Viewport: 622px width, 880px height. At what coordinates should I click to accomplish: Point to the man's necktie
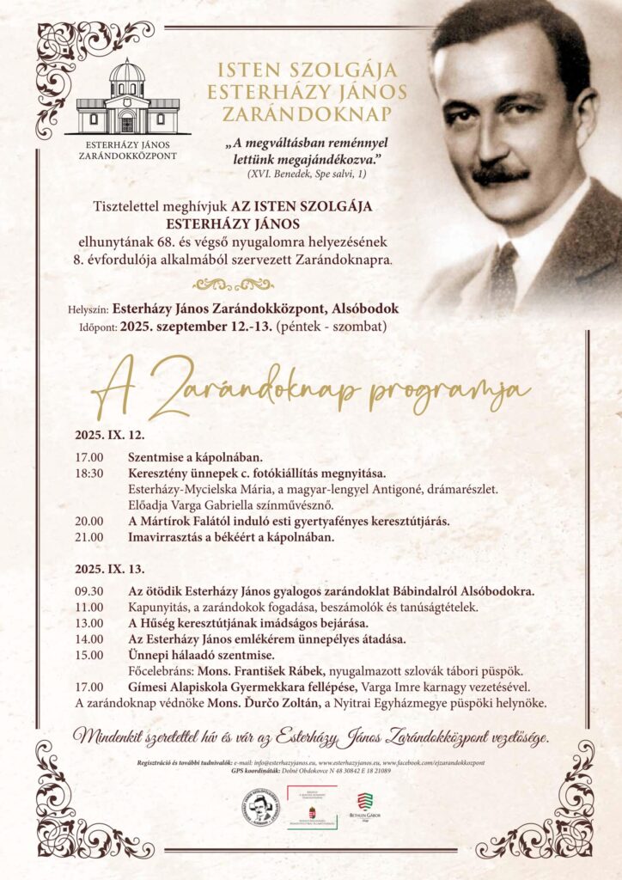coord(502,276)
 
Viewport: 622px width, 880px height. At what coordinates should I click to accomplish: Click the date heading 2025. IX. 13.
coord(109,569)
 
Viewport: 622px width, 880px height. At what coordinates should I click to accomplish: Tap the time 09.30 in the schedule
coord(89,592)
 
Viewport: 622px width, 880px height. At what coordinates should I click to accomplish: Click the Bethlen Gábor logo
coord(364,809)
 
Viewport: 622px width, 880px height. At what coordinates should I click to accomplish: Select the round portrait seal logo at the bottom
coord(260,808)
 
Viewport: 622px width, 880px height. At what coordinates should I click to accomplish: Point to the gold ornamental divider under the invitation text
coord(233,284)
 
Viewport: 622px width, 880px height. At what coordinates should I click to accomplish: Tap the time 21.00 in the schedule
coord(89,537)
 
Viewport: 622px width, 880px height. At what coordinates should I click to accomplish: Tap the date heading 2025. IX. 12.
coord(109,435)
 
